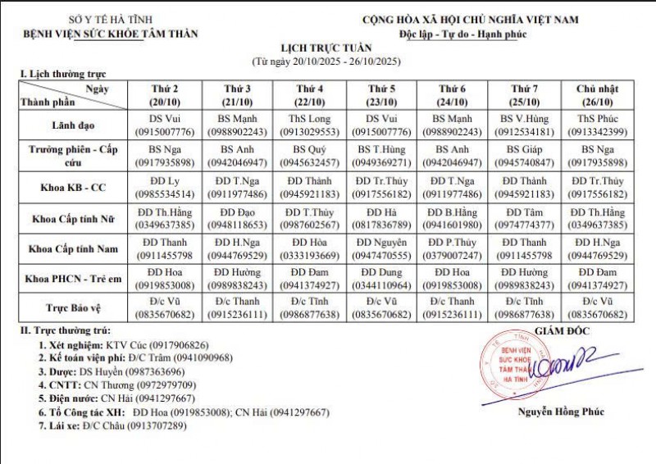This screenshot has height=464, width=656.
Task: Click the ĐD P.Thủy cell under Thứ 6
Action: pyautogui.click(x=453, y=248)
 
